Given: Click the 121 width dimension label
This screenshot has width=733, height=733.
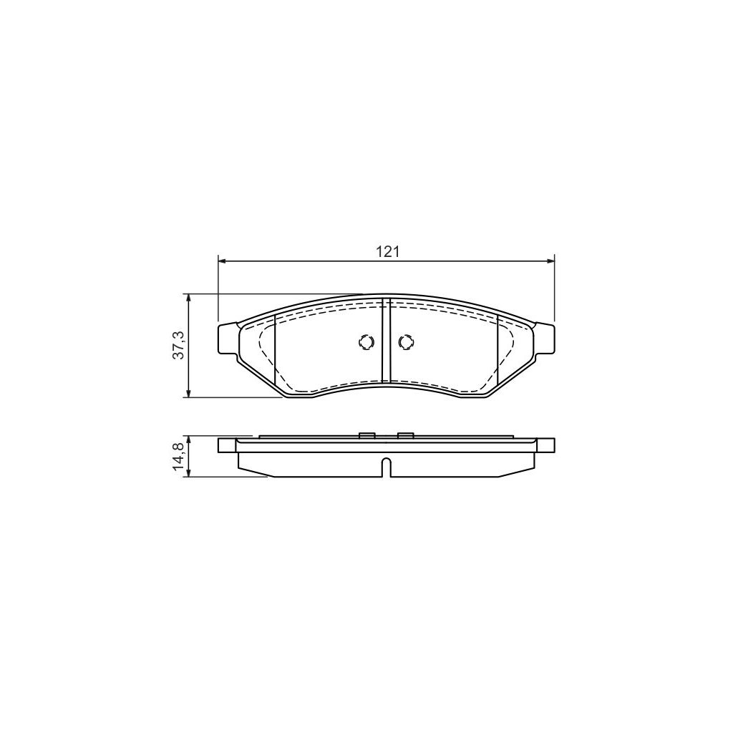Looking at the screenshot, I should (387, 251).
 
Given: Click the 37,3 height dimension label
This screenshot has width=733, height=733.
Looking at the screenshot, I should (179, 345).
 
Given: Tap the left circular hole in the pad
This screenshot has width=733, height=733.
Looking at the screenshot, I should (366, 342).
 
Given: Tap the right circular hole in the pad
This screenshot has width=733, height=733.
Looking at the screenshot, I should (405, 342).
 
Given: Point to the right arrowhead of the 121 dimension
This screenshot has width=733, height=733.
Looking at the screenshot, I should (550, 261).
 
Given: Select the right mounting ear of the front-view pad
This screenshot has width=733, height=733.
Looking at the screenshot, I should (545, 338).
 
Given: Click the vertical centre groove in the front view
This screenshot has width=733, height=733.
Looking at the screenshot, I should (386, 341).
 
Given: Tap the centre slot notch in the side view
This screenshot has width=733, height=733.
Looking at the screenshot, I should (386, 467).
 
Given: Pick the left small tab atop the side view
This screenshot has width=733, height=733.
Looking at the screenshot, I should (366, 435).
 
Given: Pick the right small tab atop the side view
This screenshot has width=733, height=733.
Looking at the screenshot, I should (405, 435).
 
